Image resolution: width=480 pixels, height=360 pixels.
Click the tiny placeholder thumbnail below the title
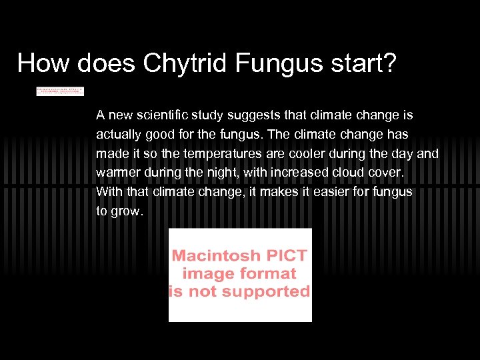tap(60, 91)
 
